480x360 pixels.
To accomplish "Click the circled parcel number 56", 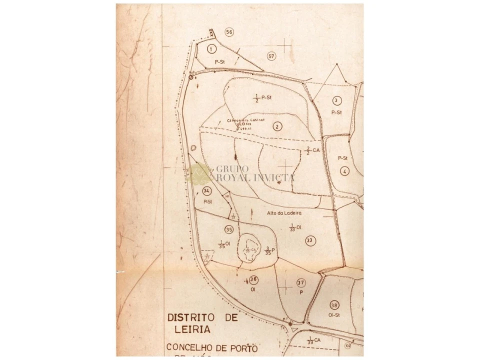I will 229,32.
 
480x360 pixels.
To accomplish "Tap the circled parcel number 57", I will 271,56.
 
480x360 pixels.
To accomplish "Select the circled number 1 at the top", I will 212,48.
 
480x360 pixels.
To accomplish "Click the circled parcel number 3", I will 336,100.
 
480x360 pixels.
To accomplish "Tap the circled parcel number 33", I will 309,240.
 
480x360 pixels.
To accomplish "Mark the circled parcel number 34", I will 207,190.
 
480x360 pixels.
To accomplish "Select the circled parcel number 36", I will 253,279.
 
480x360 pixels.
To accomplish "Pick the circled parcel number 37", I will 300,283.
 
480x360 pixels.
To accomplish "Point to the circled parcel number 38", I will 334,304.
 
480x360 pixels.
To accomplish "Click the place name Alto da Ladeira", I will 284,212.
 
